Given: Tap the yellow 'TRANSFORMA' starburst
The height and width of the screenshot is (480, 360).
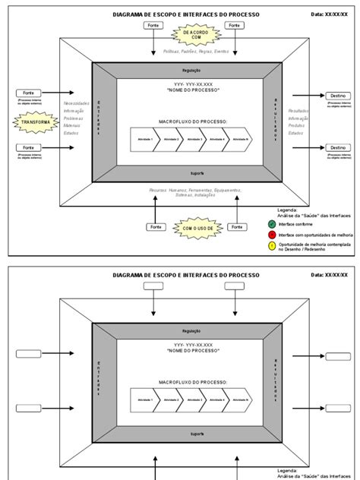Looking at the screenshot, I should [x=36, y=122].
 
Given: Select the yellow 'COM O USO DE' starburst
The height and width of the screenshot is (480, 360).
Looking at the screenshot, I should [x=194, y=227].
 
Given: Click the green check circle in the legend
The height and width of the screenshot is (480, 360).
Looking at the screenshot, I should [x=273, y=223].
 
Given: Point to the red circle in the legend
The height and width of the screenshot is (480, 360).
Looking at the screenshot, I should [x=273, y=235].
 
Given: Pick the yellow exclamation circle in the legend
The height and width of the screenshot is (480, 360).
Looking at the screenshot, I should [x=273, y=247].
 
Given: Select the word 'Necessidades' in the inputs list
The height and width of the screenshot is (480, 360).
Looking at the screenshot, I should [x=77, y=103].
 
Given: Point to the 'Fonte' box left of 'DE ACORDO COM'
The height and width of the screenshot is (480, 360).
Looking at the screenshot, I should [x=153, y=25].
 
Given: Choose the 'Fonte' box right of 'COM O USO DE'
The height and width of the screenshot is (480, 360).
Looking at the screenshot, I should [x=236, y=227].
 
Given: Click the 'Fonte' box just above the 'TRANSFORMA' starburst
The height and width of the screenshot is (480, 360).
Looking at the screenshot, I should [x=28, y=93].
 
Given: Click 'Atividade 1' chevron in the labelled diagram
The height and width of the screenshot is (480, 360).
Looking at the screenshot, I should [x=144, y=140].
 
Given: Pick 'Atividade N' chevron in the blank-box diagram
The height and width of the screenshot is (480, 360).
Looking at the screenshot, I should [x=241, y=399].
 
